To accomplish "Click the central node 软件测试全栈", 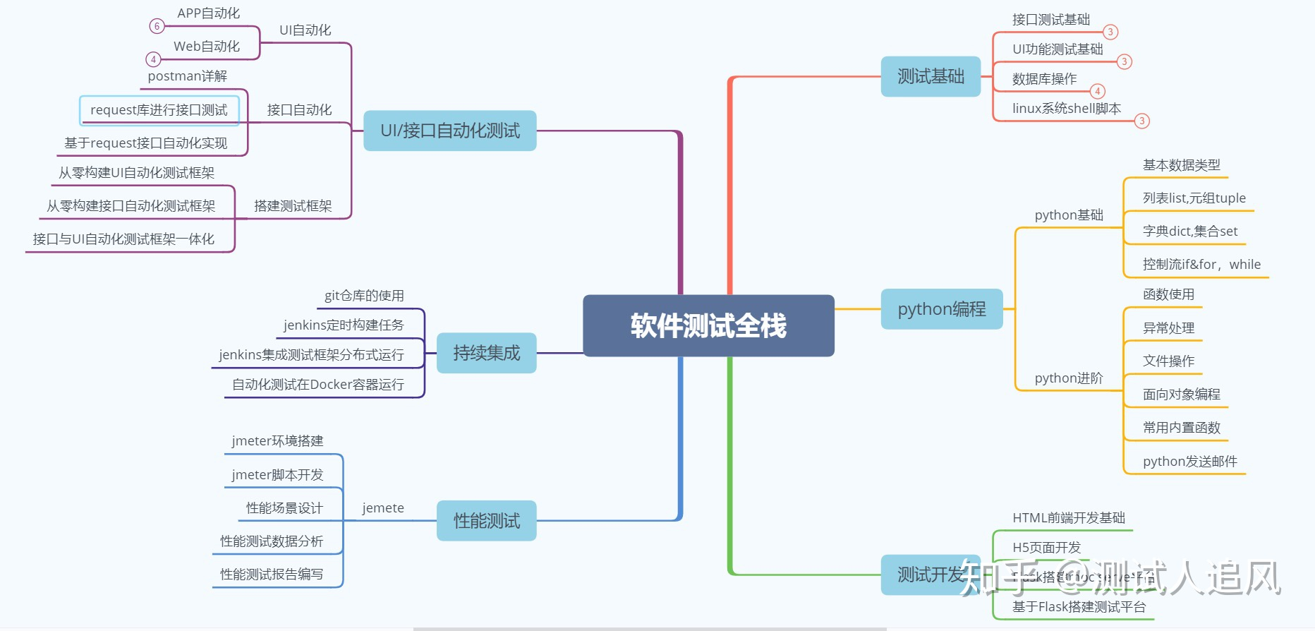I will tap(708, 325).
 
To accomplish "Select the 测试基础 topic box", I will tap(931, 76).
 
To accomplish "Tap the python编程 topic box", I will tap(941, 308).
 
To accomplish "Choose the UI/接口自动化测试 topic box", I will tap(449, 131).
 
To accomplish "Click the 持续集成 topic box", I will tap(486, 353).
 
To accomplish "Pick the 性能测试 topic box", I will tap(486, 521).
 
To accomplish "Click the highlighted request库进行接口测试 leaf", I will tap(159, 110).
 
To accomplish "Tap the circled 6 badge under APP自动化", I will tap(157, 26).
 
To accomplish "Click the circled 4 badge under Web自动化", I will tap(153, 59).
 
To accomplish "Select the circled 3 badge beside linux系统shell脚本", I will tap(1141, 121).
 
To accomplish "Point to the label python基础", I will tap(1068, 215).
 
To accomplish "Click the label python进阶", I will tap(1068, 378).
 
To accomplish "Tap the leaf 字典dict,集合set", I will tap(1189, 232).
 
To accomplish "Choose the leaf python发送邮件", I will tap(1189, 462).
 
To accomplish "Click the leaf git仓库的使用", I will tap(364, 296).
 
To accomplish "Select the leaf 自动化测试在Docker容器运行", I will tap(318, 385).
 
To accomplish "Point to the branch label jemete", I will tap(383, 508).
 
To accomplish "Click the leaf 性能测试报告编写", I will tap(272, 575).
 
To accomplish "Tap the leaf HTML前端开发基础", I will tap(1068, 518).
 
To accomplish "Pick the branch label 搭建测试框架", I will tap(293, 206).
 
